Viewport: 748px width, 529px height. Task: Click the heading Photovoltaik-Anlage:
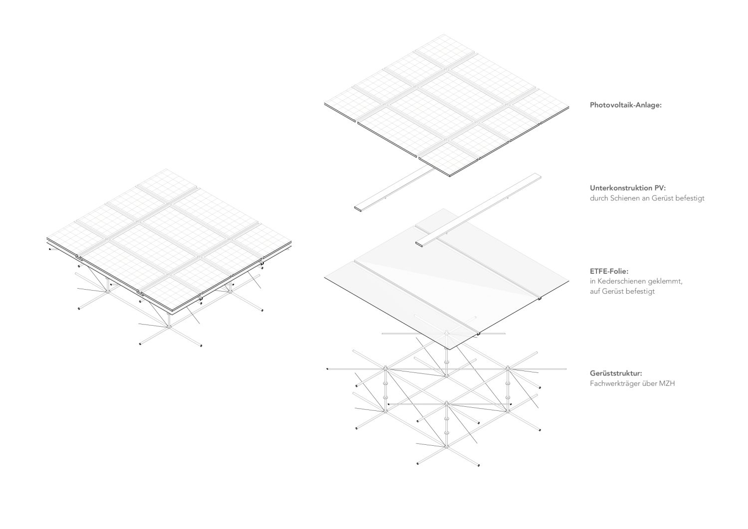click(625, 105)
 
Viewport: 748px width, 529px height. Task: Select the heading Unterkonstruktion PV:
click(627, 188)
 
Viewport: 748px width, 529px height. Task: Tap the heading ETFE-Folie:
click(609, 271)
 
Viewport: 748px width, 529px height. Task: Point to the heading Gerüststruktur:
click(615, 373)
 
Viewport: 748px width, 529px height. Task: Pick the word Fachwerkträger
click(613, 383)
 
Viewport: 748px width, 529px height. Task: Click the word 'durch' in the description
click(598, 198)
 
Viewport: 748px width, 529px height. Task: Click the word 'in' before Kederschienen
click(592, 281)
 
